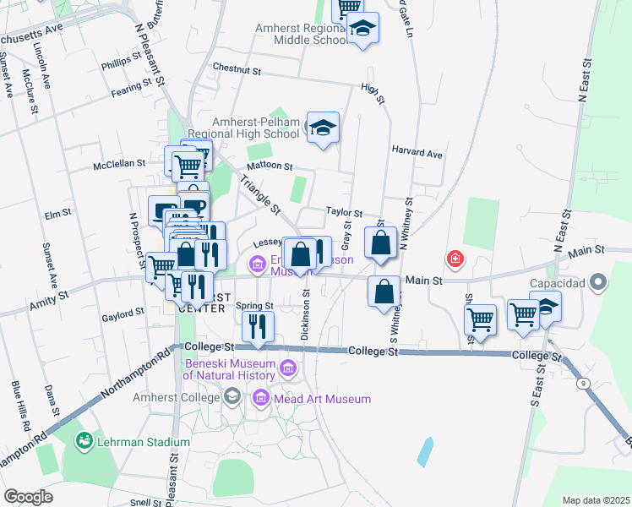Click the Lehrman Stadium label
pyautogui.click(x=142, y=442)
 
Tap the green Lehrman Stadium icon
pyautogui.click(x=84, y=440)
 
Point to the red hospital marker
pyautogui.click(x=455, y=259)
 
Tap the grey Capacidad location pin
pyautogui.click(x=598, y=281)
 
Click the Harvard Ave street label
pyautogui.click(x=417, y=154)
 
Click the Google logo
pyautogui.click(x=28, y=497)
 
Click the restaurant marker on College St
pyautogui.click(x=257, y=325)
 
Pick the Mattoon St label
pyautogui.click(x=269, y=166)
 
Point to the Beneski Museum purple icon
pyautogui.click(x=288, y=368)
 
